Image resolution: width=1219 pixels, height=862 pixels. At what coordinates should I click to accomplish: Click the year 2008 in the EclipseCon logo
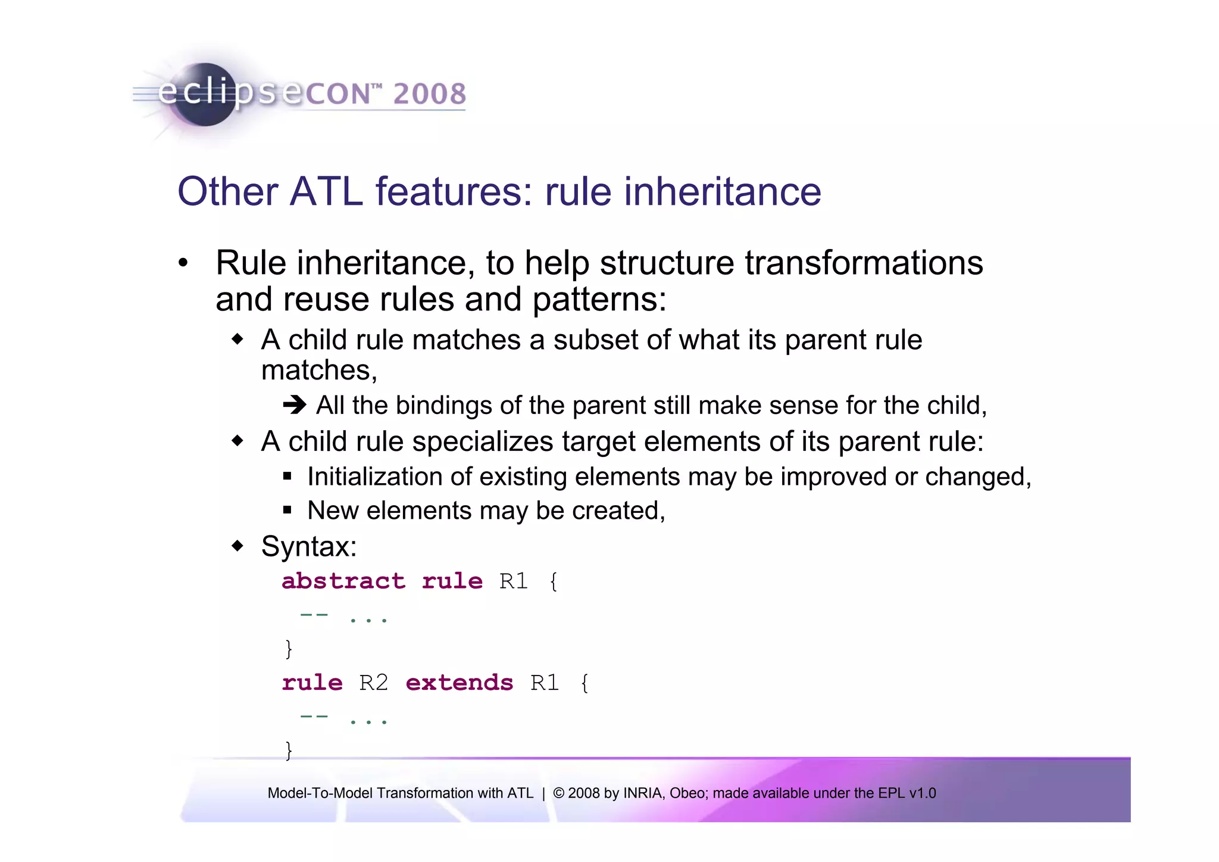[x=429, y=94]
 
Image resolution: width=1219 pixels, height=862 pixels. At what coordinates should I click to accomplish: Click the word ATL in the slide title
[x=326, y=192]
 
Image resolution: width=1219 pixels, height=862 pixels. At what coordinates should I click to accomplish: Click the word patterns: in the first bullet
[x=599, y=299]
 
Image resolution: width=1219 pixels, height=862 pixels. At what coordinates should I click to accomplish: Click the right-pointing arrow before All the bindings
[x=295, y=406]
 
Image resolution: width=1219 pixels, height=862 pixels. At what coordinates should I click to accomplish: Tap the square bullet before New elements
[x=287, y=510]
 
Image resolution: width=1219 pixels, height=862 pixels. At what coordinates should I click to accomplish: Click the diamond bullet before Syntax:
[x=238, y=545]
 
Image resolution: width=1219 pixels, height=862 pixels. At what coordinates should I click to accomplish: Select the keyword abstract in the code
[x=343, y=581]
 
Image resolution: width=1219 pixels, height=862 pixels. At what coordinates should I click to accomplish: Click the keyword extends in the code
[x=459, y=683]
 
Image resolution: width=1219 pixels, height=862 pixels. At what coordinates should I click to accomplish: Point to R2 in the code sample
[x=374, y=683]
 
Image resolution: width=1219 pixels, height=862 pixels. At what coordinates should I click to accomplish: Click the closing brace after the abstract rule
[x=289, y=648]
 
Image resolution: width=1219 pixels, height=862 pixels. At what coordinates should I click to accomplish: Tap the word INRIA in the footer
[x=643, y=793]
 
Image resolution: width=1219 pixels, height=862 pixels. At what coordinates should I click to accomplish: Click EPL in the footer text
[x=890, y=793]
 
